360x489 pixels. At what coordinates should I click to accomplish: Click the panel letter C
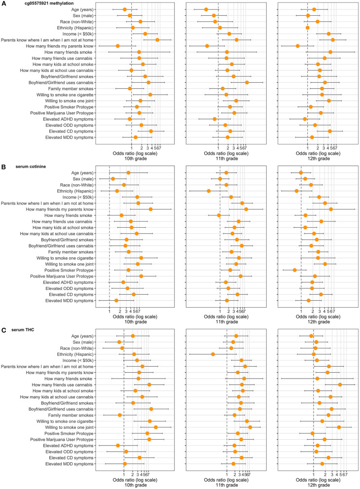(x=4, y=329)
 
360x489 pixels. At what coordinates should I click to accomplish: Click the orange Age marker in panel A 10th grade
(x=124, y=9)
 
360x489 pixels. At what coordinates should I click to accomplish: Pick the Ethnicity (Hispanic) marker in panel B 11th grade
(x=209, y=191)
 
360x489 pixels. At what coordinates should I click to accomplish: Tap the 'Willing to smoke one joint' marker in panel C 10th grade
(x=156, y=427)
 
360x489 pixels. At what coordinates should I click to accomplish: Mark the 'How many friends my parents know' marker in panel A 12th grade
(x=298, y=46)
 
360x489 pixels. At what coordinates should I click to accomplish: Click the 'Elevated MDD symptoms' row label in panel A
(x=73, y=137)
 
